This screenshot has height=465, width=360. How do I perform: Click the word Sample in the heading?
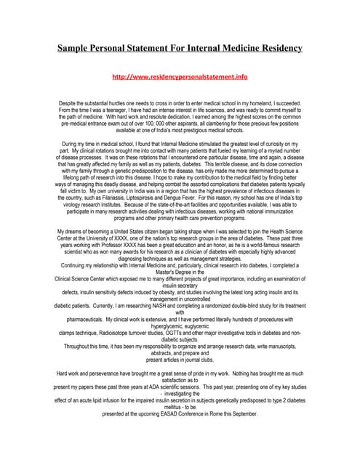coord(79,48)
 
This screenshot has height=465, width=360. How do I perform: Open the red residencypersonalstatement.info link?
coord(180,76)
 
